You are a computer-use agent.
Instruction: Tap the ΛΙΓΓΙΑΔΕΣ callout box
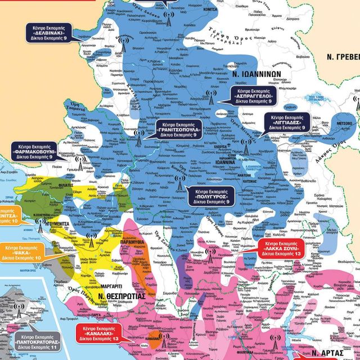coord(286,121)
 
